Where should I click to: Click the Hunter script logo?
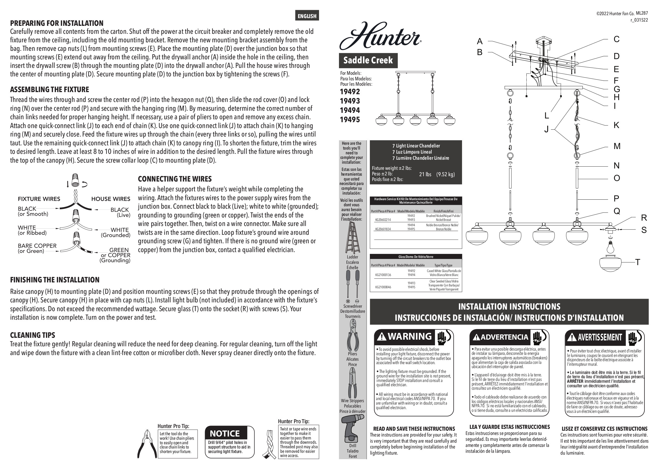380,36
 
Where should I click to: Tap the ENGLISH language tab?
307,16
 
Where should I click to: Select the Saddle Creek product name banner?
368,60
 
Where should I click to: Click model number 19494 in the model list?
350,110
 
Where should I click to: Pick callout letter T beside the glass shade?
638,262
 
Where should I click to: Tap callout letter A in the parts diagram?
480,41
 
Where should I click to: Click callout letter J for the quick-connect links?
546,130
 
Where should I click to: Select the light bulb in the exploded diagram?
610,247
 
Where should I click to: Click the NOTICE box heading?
225,434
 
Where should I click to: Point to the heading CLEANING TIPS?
33,335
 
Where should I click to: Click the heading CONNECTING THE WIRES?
175,179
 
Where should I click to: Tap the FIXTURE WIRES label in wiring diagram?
39,199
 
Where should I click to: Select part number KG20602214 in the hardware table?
383,220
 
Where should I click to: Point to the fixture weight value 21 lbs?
425,174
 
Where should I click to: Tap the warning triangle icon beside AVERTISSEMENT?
572,337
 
